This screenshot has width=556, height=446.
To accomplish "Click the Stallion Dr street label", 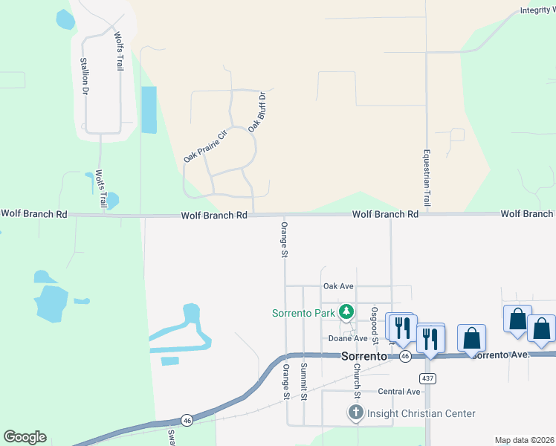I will coord(85,76).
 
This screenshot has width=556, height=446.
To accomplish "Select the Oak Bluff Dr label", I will coord(256,112).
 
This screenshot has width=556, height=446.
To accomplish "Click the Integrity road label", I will coord(537,10).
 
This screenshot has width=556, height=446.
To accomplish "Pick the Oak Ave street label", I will coord(338,286).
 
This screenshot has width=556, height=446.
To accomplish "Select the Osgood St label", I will coord(375,326).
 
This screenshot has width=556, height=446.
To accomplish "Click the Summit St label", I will coord(304,381).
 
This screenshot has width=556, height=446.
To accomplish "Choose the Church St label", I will coord(357,379).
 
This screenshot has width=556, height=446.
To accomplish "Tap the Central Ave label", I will coord(399,391).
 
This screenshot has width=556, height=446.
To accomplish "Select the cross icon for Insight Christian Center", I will coord(356,413).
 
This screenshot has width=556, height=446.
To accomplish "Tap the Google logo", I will coord(25,437).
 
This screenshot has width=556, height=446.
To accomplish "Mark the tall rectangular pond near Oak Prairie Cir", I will coord(149,110).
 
